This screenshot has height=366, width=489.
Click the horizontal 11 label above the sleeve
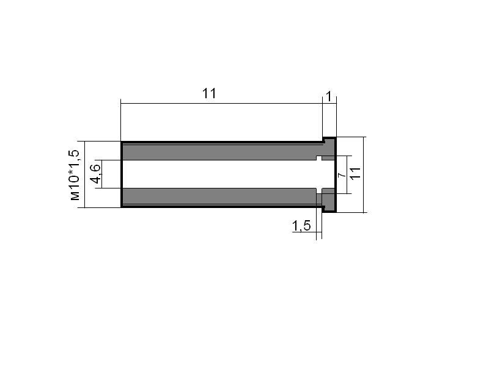point(209,93)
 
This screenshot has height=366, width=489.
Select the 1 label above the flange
point(329,97)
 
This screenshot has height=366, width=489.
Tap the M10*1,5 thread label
point(75,175)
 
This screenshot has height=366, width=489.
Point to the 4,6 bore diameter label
point(95,173)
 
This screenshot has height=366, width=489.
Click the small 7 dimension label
point(342,175)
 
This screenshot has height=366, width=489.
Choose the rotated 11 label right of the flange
point(355,173)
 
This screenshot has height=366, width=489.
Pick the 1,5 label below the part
point(301,226)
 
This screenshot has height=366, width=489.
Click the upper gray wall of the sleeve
point(222,152)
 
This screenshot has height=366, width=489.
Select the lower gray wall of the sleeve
point(222,196)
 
